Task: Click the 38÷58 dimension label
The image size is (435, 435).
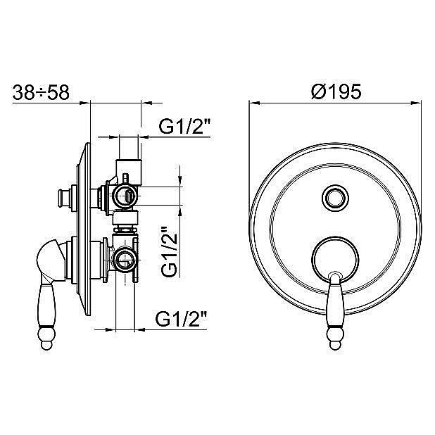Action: click(41, 92)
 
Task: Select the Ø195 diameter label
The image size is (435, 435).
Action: click(336, 92)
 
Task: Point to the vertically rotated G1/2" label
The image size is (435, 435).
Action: click(169, 251)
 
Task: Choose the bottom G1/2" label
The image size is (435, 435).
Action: click(182, 319)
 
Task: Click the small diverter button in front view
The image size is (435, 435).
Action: click(335, 198)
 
